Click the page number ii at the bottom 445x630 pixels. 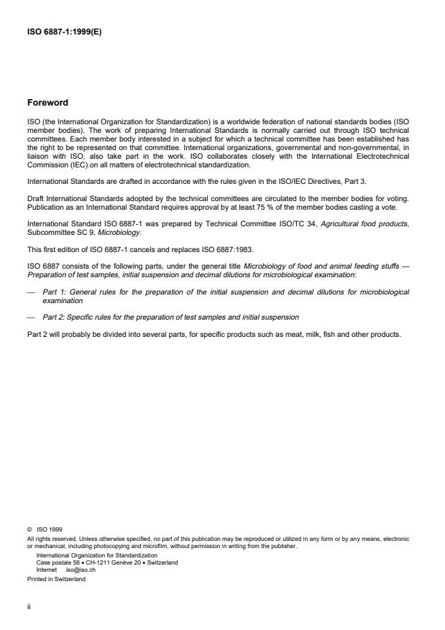(x=28, y=605)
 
